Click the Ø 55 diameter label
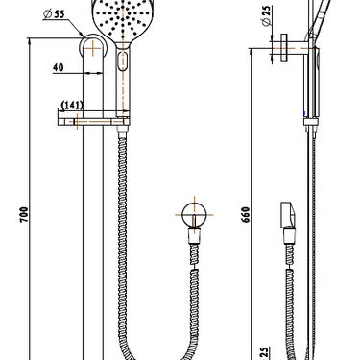54,14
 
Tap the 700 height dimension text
24,215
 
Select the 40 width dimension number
59,67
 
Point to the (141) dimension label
72,105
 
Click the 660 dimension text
245,215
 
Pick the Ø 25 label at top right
266,15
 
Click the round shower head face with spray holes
123,18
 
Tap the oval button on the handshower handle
122,60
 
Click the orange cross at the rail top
93,48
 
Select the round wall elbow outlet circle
194,215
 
